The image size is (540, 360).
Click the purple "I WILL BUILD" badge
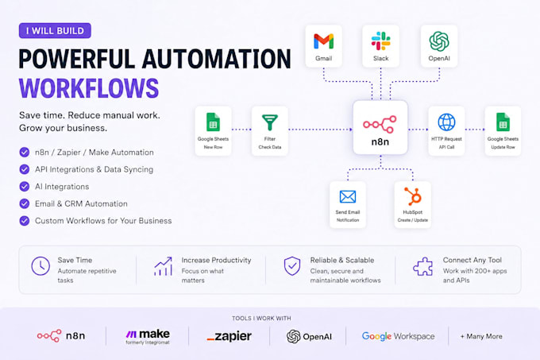55,31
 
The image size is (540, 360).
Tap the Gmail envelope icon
324,41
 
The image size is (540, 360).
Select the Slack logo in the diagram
381,41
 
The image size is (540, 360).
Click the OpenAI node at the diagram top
439,46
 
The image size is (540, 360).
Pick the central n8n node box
380,127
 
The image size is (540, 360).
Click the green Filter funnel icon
270,122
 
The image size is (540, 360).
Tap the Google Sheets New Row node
213,131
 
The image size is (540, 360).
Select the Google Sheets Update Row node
503,131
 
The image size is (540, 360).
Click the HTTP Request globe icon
446,122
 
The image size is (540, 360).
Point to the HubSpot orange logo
413,196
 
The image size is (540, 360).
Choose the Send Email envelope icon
348,197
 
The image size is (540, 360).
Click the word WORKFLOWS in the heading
89,88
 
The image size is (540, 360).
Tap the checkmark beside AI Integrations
25,187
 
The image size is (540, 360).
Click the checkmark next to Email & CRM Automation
25,203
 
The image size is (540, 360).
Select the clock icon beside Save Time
40,266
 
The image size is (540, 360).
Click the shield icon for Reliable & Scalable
292,266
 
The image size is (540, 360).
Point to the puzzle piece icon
423,267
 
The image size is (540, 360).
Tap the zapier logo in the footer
229,336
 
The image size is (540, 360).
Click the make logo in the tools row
148,337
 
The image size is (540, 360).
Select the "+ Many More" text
481,336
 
